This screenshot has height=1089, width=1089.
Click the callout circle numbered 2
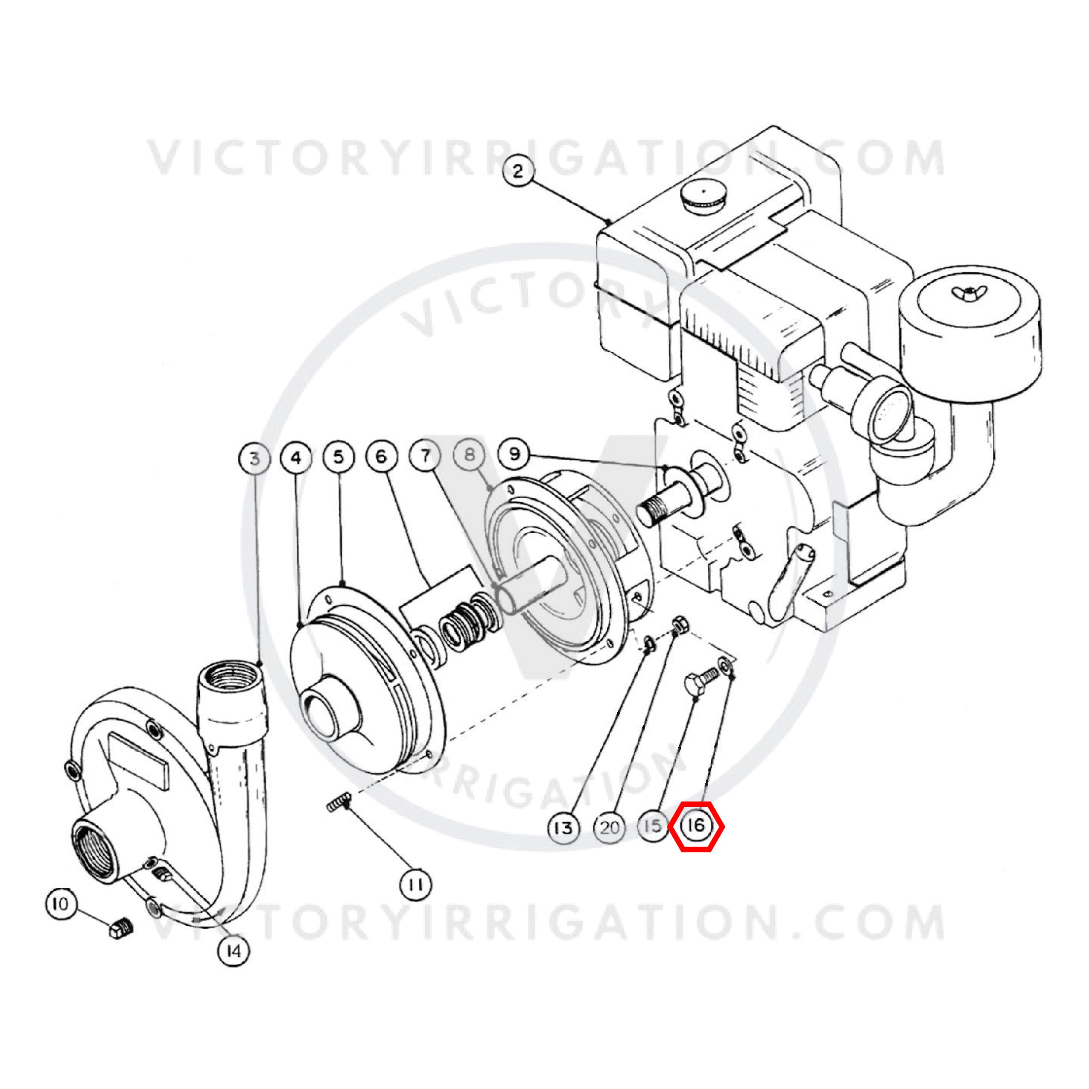(518, 170)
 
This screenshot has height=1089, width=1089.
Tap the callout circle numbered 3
(255, 458)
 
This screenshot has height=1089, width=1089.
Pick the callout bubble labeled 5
(339, 457)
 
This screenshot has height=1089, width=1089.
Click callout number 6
(382, 456)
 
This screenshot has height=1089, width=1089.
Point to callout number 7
(426, 455)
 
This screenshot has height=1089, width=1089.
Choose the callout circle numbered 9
(514, 454)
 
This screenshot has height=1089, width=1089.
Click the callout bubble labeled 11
(415, 885)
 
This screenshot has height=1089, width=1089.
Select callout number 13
(563, 827)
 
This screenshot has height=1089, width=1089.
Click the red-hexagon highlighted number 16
(696, 826)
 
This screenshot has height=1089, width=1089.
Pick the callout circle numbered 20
(609, 827)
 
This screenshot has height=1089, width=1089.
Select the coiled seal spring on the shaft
(469, 621)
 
